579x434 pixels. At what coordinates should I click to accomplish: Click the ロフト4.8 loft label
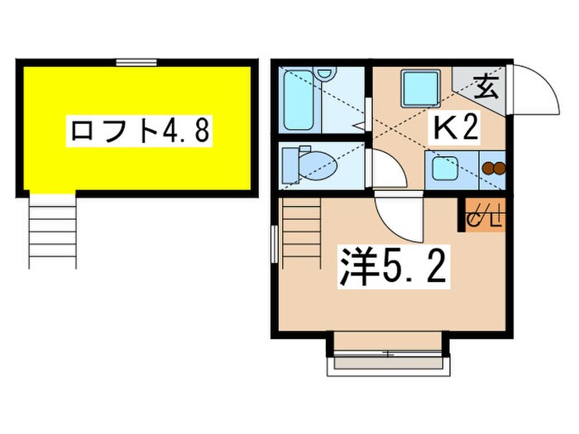point(137,131)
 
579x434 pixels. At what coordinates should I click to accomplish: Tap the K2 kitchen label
point(453,129)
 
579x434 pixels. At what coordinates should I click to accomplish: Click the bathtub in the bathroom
point(298,99)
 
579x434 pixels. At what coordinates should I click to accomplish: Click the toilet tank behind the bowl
point(290,165)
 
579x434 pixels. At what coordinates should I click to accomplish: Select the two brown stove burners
point(492,169)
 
